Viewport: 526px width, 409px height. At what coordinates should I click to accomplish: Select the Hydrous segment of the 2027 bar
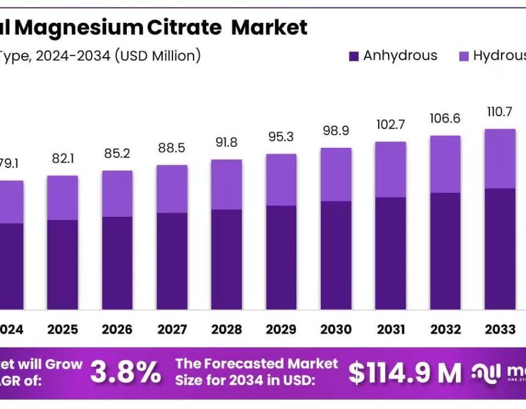pos(172,189)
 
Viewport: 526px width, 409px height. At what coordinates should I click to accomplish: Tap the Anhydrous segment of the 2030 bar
pos(336,255)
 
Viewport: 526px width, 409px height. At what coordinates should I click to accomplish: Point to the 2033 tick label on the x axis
pos(500,330)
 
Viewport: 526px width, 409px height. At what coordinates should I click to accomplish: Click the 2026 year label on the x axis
pos(117,330)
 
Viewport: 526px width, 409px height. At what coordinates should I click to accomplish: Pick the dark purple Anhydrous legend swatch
pos(354,57)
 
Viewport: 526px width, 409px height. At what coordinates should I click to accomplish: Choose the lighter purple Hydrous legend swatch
pos(463,57)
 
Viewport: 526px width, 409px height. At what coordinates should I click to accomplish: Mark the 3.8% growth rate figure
pos(126,372)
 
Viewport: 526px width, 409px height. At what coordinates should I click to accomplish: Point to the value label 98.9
pos(336,131)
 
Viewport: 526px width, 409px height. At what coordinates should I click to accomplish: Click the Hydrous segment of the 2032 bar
pos(445,164)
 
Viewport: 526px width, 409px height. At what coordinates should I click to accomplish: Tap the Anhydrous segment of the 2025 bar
pos(62,264)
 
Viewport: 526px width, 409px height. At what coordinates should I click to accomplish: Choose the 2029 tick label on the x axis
pos(281,330)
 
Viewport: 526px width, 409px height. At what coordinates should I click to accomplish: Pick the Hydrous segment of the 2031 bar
pos(390,169)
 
